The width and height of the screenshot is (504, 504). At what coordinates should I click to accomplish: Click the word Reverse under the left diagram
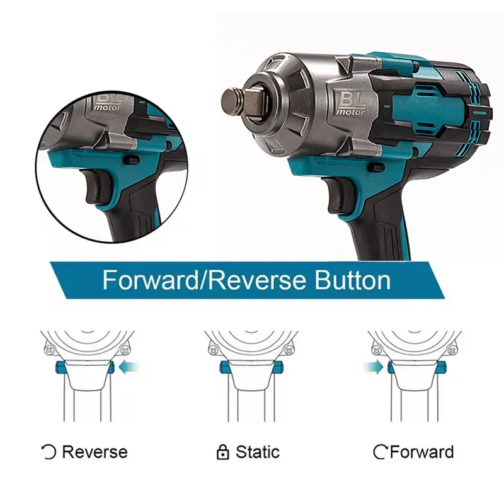(95, 452)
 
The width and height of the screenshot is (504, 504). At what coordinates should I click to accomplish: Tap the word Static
(258, 452)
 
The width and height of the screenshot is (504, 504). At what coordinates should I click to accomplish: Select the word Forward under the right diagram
(421, 452)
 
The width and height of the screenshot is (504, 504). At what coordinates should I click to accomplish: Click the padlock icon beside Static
(223, 452)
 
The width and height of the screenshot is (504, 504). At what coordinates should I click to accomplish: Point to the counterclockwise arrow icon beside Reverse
(49, 452)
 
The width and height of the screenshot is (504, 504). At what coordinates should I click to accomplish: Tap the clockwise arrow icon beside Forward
(381, 452)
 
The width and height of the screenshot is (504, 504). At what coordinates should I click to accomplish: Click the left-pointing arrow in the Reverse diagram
(129, 367)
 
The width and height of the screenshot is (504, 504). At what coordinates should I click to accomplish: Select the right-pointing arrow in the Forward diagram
(373, 367)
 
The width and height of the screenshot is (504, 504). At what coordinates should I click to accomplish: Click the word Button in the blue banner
(352, 280)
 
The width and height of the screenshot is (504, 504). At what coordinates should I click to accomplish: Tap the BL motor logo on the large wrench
(350, 103)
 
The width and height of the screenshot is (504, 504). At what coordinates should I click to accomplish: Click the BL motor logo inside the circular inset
(108, 102)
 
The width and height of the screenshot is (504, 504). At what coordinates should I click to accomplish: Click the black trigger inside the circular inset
(98, 186)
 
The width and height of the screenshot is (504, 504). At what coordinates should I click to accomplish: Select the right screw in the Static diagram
(289, 350)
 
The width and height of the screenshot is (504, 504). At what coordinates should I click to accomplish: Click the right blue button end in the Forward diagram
(440, 367)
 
